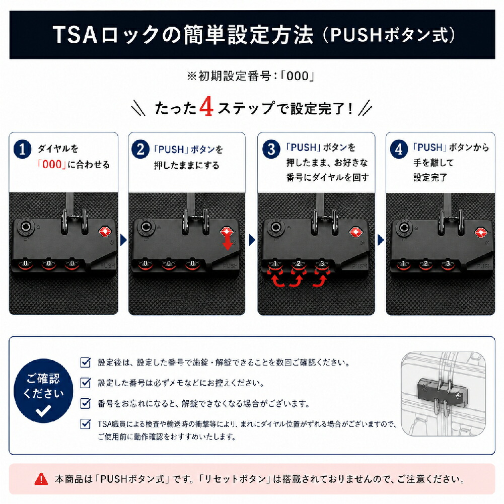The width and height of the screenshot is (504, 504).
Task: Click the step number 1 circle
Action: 22,150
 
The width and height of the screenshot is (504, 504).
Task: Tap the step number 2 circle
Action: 140,150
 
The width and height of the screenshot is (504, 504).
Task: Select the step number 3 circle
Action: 271,150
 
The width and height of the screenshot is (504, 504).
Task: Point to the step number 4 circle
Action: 399,150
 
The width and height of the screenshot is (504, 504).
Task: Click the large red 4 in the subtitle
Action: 206,107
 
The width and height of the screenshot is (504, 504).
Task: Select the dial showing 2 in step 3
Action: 298,264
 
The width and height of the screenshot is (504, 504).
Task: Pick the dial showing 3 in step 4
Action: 448,264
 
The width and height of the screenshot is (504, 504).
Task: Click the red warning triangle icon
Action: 41,479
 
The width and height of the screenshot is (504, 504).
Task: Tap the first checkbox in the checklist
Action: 85,362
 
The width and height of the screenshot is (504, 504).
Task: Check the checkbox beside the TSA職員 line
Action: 85,424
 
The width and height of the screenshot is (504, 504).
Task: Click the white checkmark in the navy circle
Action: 43,410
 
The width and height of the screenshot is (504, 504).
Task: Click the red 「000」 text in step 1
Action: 52,165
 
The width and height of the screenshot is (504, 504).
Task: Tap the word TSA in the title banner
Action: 76,35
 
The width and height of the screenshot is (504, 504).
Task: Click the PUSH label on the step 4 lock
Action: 483,266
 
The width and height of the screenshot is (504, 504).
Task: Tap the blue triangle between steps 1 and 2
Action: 123,240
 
